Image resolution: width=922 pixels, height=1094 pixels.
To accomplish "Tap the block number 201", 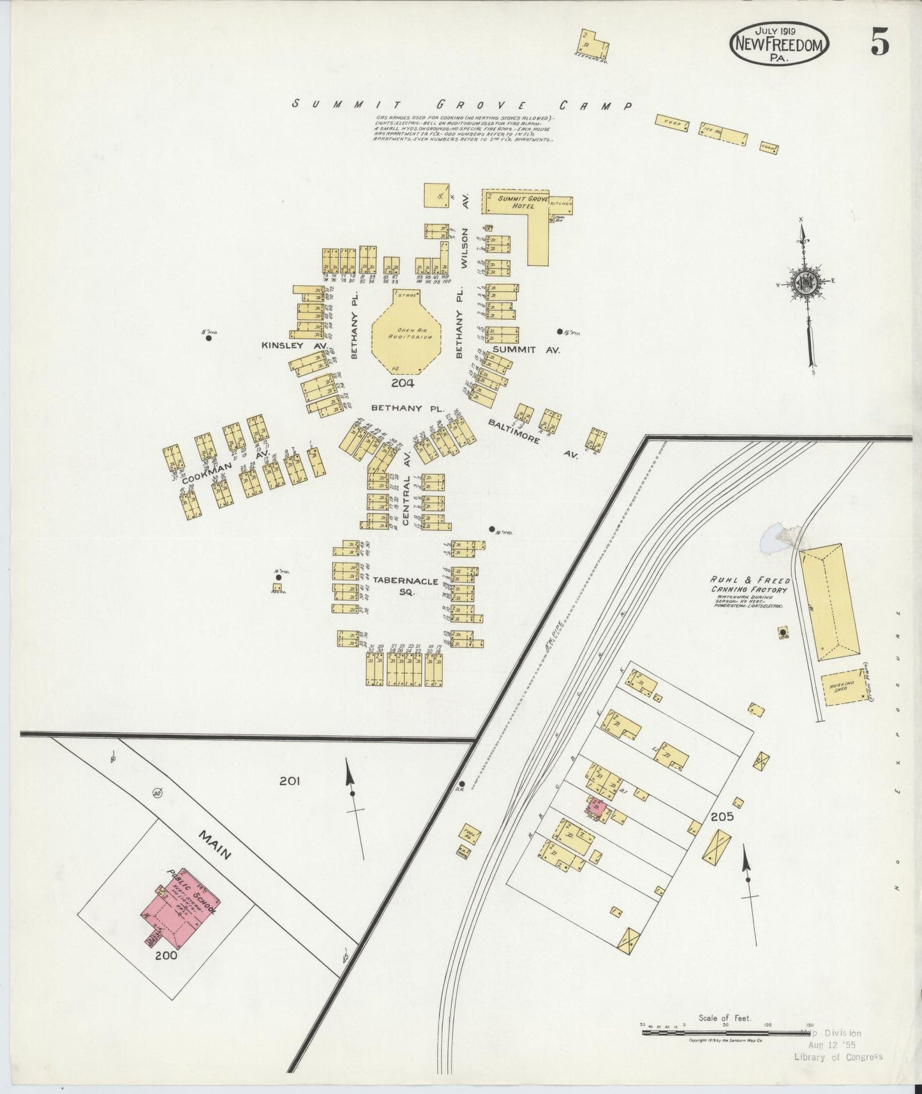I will [289, 780].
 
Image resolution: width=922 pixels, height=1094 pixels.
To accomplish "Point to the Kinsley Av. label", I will [294, 345].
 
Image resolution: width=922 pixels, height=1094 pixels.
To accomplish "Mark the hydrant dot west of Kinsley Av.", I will [208, 338].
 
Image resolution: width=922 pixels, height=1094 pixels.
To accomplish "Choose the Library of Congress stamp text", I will [838, 1056].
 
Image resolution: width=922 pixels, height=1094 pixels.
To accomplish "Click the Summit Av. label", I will [526, 350].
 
